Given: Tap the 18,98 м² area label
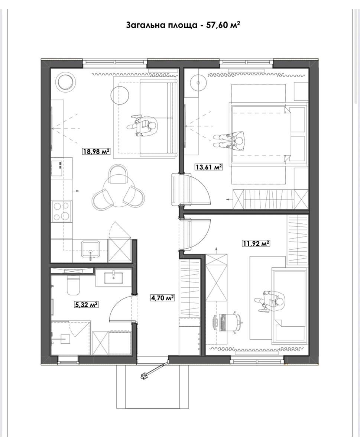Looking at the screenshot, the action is click(96, 151).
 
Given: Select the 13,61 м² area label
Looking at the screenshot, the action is click(209, 167).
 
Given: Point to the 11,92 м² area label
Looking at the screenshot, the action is click(256, 243).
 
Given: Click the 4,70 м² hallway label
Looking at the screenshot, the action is click(162, 298).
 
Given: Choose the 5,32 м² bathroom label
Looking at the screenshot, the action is click(86, 304).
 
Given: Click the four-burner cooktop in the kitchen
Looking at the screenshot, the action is click(61, 211).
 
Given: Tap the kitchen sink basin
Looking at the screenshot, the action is click(90, 249).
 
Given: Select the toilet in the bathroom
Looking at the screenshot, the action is click(73, 285).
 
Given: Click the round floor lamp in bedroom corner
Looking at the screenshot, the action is click(198, 83).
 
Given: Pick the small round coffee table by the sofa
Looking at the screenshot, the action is click(120, 95).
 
